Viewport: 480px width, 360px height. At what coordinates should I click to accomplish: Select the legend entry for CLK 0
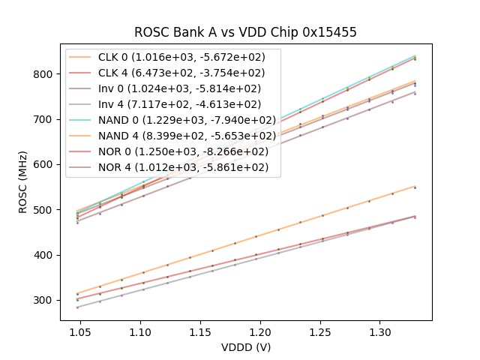coord(173,56)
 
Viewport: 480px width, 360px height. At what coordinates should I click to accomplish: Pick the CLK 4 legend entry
coord(173,73)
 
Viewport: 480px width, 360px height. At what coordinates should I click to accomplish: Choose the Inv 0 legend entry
coord(173,88)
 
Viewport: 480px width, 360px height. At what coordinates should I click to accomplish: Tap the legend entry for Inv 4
coord(173,104)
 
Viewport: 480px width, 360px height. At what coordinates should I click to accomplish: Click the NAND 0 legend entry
coord(173,120)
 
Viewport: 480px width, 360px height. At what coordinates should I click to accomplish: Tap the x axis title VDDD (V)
coord(245,347)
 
